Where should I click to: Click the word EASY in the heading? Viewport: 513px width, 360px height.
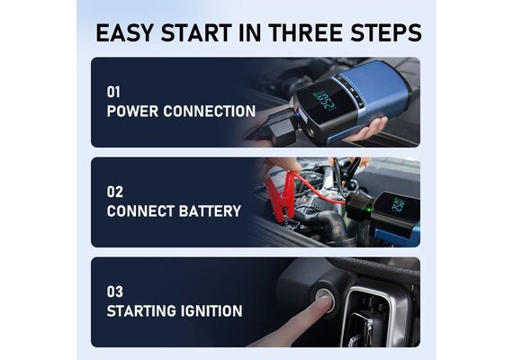coord(124,32)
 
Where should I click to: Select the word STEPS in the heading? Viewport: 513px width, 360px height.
coord(386,32)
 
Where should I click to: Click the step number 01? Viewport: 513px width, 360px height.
coord(113,92)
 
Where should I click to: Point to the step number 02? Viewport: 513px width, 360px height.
coord(115,192)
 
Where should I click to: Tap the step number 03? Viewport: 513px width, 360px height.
coord(115,292)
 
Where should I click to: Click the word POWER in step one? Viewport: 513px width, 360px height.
coord(132,112)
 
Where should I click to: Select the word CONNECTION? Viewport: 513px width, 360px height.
coord(210,112)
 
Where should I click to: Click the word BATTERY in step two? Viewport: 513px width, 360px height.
coord(210,211)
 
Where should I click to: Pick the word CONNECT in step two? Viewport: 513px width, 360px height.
coord(140,211)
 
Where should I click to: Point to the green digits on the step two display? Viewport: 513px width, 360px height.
coord(398,206)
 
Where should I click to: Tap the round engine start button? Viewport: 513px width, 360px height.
coord(325,297)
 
